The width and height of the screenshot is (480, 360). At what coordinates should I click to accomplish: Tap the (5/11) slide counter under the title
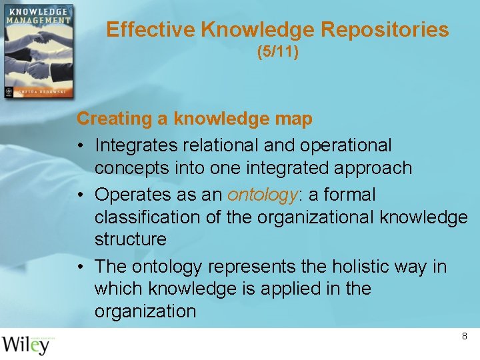[277, 51]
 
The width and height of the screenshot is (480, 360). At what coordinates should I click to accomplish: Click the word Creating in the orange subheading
[115, 119]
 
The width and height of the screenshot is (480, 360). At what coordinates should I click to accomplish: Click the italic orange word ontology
[262, 195]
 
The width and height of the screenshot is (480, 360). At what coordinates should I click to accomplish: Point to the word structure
[131, 239]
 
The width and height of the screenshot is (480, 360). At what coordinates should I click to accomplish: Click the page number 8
[465, 337]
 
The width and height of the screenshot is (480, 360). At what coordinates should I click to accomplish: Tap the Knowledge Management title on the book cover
[38, 16]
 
